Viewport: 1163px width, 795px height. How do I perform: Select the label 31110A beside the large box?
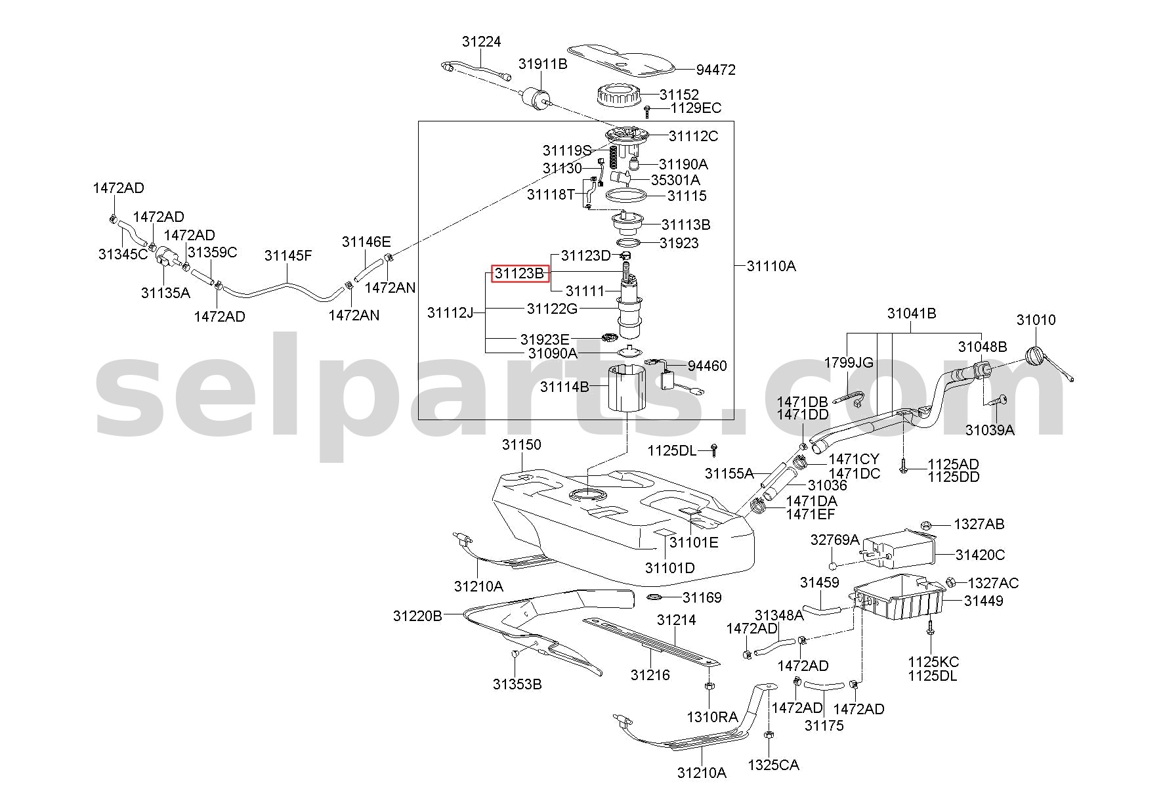coord(771,266)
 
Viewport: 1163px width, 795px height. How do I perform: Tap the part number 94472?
coord(715,70)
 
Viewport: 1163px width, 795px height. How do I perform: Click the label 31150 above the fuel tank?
coord(522,444)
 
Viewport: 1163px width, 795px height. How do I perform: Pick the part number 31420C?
coord(980,555)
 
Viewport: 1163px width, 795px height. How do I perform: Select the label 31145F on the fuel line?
coord(288,255)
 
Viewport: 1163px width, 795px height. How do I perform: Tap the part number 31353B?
coord(517,684)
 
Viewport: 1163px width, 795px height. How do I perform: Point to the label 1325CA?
coord(773,765)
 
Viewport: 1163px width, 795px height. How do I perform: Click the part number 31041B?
coord(912,313)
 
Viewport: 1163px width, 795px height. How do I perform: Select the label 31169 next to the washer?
coord(702,597)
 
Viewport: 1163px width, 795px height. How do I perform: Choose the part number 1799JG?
coord(849,362)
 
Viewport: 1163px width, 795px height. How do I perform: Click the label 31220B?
coord(418,616)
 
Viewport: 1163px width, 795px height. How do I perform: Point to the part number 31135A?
coord(165,293)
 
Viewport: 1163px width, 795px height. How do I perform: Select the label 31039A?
coord(990,430)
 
